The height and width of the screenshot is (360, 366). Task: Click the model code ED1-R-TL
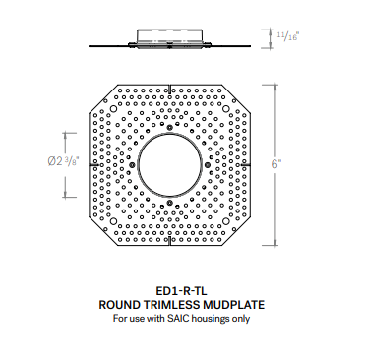[x=182, y=291]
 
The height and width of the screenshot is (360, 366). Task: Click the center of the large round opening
[x=171, y=164]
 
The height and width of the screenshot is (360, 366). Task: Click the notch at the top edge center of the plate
[x=171, y=87]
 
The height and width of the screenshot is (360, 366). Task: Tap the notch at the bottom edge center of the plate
[x=171, y=243]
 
